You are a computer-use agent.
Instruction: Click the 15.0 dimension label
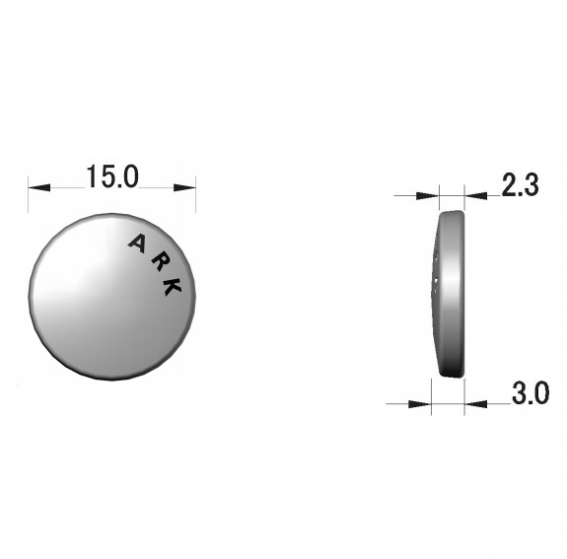112,176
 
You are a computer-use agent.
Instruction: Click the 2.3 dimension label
521,184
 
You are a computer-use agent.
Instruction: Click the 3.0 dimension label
531,392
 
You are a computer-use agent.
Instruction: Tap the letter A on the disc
137,244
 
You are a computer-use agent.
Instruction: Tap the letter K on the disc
172,287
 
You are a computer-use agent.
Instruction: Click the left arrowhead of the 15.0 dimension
39,187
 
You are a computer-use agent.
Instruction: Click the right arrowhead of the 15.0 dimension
184,187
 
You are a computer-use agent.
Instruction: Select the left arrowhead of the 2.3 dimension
428,196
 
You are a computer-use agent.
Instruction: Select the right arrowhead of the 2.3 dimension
476,196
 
